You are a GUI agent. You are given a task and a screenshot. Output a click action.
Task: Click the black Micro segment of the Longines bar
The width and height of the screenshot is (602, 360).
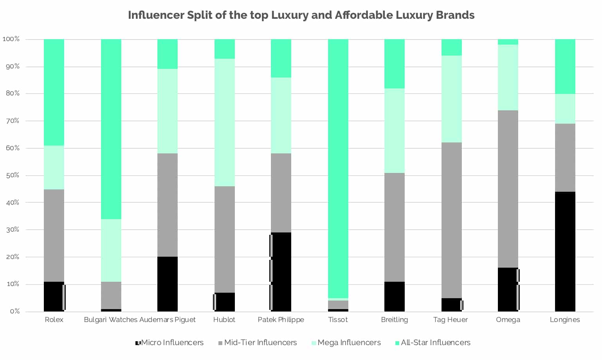point(565,251)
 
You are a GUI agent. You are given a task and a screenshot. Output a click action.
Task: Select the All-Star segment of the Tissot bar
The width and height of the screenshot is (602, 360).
point(338,168)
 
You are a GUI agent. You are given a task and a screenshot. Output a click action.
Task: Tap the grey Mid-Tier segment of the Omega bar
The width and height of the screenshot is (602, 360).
point(508,189)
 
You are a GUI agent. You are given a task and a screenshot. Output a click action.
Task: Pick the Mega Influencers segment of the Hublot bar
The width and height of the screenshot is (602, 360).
point(224,122)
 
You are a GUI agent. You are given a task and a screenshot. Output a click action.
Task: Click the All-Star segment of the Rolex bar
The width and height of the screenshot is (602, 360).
point(54,92)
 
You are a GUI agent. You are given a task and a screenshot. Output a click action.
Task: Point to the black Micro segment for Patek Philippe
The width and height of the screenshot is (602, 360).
point(281,272)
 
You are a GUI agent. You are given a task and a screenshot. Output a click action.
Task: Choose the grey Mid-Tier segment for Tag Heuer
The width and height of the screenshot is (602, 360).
point(451,220)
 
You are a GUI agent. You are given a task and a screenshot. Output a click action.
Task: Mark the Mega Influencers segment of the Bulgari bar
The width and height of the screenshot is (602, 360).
point(111,250)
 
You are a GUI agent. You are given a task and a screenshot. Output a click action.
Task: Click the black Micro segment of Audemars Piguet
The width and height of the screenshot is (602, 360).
point(167,284)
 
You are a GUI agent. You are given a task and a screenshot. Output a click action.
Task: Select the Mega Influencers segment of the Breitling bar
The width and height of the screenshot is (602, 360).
point(394,130)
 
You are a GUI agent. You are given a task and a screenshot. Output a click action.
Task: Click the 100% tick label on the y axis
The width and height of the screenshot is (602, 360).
point(11,39)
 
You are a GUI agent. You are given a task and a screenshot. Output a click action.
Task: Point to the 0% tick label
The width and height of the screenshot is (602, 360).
point(15,311)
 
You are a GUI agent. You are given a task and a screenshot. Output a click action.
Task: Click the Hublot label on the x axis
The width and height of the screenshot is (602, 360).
point(224,320)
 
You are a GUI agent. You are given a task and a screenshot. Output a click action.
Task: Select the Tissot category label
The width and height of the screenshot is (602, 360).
point(338,320)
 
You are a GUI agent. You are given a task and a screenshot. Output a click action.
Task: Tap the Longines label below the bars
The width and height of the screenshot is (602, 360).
point(565,320)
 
